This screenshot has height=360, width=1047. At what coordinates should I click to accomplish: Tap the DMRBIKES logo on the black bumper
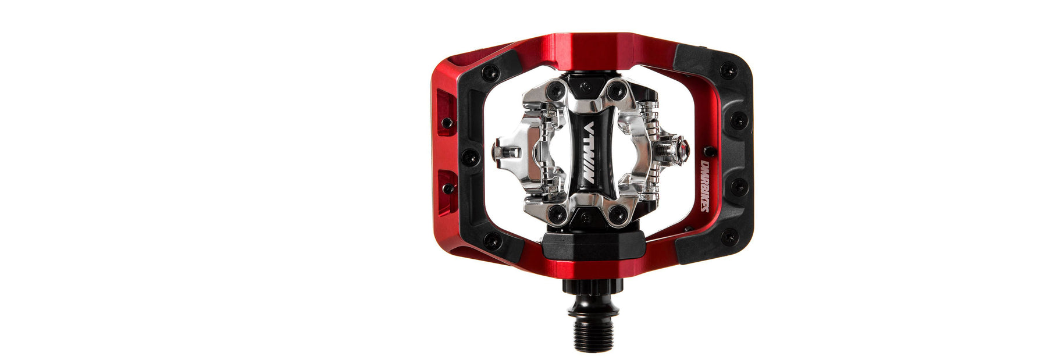coord(704,186)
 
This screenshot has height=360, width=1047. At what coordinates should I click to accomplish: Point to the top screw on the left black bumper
coord(489,73)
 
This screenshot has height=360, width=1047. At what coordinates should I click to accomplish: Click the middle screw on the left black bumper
coord(470,157)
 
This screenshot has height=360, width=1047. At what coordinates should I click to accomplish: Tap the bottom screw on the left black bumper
coord(492,240)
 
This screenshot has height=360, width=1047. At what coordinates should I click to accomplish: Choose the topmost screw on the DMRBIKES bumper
coord(728,70)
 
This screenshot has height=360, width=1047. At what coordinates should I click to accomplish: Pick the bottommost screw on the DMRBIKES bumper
coord(728,237)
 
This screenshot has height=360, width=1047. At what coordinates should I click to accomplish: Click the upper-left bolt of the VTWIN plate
coord(558,91)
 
